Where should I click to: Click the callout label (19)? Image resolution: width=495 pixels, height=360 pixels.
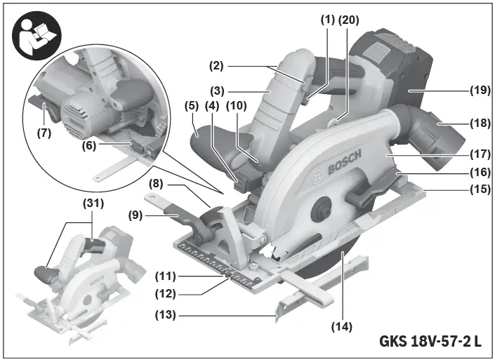coord(481,91)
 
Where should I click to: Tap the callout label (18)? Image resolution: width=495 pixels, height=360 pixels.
coord(481,123)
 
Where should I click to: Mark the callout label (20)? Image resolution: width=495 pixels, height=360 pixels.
coord(348,20)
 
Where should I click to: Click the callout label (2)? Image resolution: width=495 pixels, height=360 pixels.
coord(216,66)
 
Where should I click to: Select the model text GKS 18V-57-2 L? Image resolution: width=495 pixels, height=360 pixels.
coord(430,342)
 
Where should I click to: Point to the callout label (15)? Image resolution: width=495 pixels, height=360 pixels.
coord(481,188)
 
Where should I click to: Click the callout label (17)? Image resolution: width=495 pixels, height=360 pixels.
coord(481,152)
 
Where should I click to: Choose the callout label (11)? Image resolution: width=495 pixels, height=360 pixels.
coord(167,276)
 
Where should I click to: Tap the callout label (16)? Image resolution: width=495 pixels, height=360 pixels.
coord(481,171)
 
